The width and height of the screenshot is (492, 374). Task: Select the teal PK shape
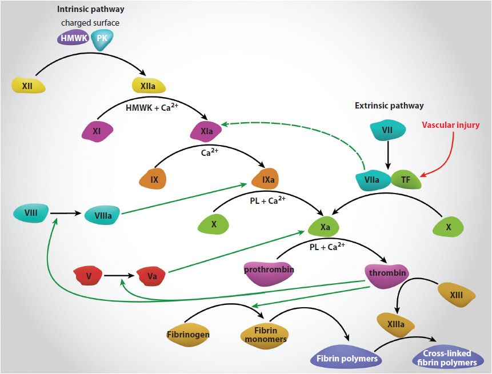tap(102, 38)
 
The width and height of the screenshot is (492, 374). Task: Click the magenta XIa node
tap(206, 132)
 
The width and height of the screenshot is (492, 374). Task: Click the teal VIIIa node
tap(102, 216)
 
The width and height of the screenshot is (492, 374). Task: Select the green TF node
tap(406, 180)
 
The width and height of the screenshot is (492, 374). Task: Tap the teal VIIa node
tap(372, 180)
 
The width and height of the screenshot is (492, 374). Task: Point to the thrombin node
tap(387, 273)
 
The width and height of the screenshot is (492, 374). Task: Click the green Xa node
tap(325, 227)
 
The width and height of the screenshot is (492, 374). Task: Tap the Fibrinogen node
tap(188, 334)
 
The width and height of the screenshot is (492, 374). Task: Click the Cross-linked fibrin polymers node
tap(447, 358)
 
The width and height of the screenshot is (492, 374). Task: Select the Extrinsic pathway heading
tap(389, 106)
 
